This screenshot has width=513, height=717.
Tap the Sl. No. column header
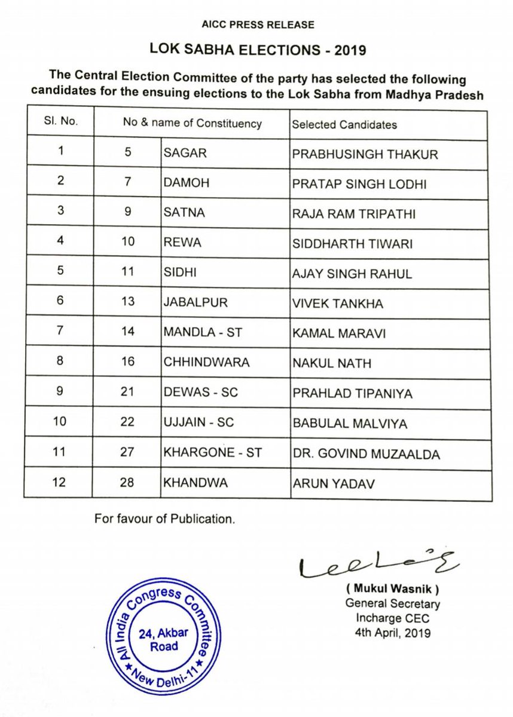[x=60, y=124]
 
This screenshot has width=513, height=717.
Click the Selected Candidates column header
[x=344, y=124]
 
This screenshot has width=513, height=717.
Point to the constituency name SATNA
[x=184, y=213]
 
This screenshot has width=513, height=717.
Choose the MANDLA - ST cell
[x=202, y=333]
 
